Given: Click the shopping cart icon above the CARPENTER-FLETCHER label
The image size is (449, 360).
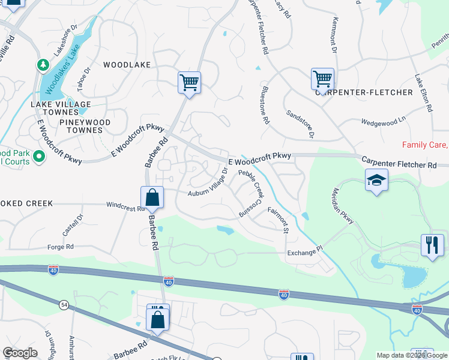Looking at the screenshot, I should (x=322, y=79).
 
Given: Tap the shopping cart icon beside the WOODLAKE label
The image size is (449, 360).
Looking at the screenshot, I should (x=189, y=82).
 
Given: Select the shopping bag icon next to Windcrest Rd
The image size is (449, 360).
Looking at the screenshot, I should (x=152, y=197).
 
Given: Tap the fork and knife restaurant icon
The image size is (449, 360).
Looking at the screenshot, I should (x=432, y=245).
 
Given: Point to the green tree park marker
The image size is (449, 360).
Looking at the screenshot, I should (x=43, y=64).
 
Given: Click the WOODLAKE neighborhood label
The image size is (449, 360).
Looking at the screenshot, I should (x=126, y=64).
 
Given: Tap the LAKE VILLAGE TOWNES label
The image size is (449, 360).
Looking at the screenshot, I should (x=61, y=108).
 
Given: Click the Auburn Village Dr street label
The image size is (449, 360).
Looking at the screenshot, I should (x=208, y=182).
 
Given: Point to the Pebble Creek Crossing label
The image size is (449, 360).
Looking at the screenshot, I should (x=251, y=193).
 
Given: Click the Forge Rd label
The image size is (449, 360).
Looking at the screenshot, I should (x=61, y=247).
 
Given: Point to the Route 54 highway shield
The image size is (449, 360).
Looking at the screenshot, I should (x=63, y=305).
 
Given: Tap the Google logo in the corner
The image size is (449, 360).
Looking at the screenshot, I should (x=20, y=353).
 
